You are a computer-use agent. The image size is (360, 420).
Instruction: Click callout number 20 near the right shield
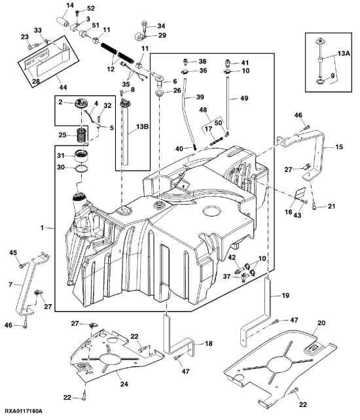coord(321,324)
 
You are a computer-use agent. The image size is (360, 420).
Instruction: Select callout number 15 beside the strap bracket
coord(338,148)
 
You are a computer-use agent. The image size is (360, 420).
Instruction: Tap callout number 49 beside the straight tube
coord(244,98)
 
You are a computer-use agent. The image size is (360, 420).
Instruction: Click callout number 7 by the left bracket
coord(10,285)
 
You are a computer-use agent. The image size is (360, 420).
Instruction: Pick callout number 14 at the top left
coord(70,6)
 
